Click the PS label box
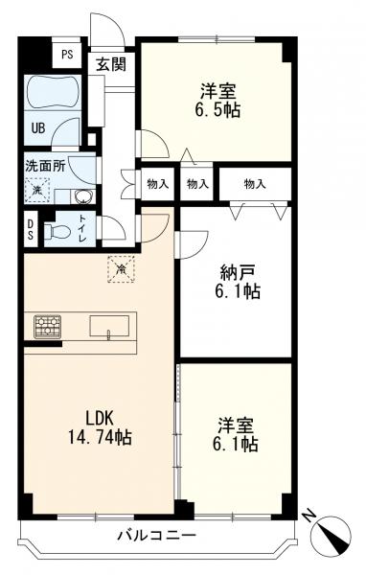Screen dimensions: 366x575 (x=67, y=55)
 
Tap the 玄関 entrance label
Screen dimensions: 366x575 (x=111, y=64)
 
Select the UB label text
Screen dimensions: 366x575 (x=38, y=128)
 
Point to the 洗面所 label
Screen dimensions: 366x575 (x=45, y=166)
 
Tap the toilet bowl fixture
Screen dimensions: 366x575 (x=57, y=231)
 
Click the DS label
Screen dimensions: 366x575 (x=30, y=229)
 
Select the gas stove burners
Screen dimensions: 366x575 (x=47, y=327)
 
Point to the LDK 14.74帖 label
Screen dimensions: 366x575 (x=100, y=426)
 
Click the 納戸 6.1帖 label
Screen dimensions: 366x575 (x=238, y=282)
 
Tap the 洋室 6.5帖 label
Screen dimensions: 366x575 (x=217, y=100)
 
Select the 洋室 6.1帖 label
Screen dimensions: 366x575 (x=235, y=435)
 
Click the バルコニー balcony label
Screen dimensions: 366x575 (x=156, y=536)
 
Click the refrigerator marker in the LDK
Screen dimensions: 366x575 (x=121, y=268)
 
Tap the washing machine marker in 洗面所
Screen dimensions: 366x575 (x=37, y=191)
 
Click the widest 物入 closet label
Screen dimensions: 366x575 (x=255, y=184)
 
